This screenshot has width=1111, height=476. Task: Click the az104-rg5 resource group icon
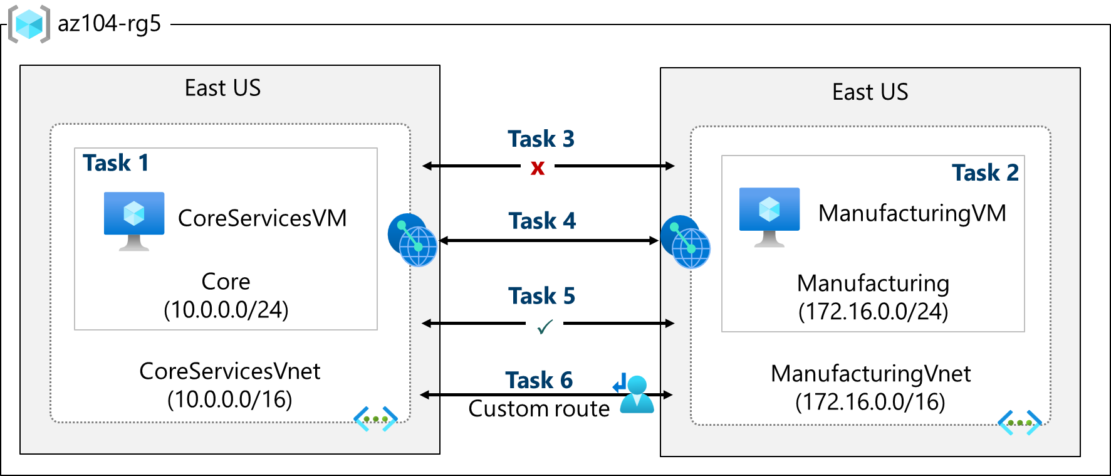[x=29, y=24]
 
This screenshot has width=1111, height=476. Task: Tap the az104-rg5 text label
[x=109, y=24]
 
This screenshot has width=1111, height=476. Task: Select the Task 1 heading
[x=116, y=163]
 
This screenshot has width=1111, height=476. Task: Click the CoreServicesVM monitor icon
[x=134, y=220]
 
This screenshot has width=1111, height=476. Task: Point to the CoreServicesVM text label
[x=262, y=218]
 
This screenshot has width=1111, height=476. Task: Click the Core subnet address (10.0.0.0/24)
[x=226, y=310]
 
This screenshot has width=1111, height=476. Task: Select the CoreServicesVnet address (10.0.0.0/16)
[x=229, y=399]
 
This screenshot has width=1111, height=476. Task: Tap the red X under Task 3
[x=537, y=167]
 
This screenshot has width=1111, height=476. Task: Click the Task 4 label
[x=541, y=221]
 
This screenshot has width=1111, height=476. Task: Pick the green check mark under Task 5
[x=545, y=327]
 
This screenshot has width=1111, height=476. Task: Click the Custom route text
[x=539, y=409]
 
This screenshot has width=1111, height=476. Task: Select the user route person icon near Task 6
[x=636, y=394]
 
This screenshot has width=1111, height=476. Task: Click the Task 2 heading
[x=984, y=172]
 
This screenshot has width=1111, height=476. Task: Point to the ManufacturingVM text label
[x=912, y=213]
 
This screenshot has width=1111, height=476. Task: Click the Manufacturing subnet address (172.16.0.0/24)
[x=872, y=312]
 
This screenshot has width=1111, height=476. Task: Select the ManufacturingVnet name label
[x=870, y=374]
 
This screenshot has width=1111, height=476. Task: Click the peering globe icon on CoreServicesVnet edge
[x=412, y=240]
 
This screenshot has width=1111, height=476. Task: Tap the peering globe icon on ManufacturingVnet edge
[x=686, y=242]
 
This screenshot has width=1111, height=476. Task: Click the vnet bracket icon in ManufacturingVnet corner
[x=1019, y=423]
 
